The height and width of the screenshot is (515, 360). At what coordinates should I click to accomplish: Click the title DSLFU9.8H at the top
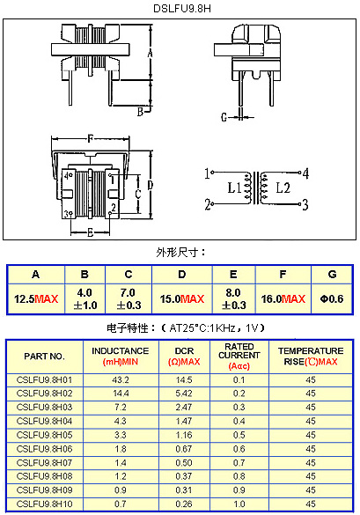pos(182,8)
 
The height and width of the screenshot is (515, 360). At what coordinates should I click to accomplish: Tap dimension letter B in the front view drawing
pos(140,112)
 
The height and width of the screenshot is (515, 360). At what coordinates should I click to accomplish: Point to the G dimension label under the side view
pos(224,117)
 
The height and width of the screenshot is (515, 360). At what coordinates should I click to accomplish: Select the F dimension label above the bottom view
pos(90,139)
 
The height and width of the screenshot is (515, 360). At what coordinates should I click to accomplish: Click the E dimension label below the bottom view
pos(91,232)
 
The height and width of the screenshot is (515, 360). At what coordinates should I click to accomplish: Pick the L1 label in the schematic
pos(234,188)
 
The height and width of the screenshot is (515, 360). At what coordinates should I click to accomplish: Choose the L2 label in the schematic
pos(283,188)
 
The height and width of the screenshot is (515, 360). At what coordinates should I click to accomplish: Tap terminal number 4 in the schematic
pos(305,173)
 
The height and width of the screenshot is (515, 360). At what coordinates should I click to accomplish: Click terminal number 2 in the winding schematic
pos(208,204)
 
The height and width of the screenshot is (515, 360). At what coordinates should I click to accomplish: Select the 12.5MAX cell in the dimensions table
pos(36,299)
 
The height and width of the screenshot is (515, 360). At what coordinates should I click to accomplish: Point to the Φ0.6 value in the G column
pos(332,299)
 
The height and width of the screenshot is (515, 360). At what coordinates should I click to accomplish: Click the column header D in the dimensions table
pos(182,275)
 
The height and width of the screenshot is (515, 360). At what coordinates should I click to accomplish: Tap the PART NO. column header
pos(44,357)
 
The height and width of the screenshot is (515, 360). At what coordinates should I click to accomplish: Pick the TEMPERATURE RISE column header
pos(311,356)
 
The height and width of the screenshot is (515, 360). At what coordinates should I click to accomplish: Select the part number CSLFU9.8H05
pos(44,435)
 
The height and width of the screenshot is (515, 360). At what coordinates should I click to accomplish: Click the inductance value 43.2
pos(121,380)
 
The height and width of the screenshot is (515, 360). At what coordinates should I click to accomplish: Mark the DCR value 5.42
pos(184,394)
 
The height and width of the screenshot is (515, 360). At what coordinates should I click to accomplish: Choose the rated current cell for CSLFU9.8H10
pos(239,504)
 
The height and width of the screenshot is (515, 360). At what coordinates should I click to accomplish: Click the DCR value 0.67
pos(184,449)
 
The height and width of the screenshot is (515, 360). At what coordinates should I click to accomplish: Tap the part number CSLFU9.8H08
pos(44,476)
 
